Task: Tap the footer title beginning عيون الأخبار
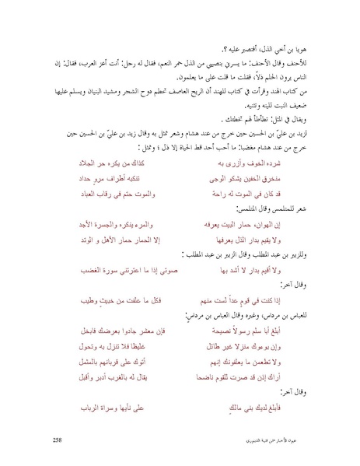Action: click(292, 440)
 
